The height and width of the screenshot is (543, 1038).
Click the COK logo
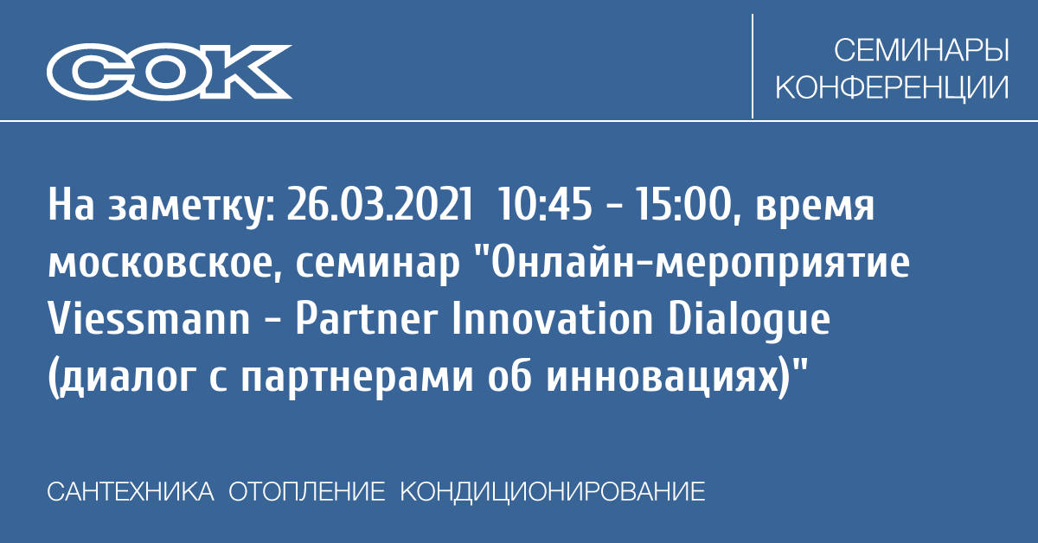coord(170,72)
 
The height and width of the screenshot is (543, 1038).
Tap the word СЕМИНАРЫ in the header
coord(921,50)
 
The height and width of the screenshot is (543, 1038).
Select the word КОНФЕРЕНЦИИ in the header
coord(892,87)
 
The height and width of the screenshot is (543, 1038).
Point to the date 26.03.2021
coord(380,204)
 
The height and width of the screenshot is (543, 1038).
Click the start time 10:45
coord(544,204)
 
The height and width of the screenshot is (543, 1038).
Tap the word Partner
coord(367,319)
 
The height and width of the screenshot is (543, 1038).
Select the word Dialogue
coord(749,322)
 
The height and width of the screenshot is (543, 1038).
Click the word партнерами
coord(356,380)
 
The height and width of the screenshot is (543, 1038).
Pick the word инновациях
coord(662,379)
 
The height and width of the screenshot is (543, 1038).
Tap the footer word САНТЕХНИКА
coord(131,492)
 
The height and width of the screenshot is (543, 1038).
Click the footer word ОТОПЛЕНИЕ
coord(307,492)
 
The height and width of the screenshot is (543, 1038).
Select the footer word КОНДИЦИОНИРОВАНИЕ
coord(553,493)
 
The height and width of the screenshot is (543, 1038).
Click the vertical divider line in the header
coord(752,66)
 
